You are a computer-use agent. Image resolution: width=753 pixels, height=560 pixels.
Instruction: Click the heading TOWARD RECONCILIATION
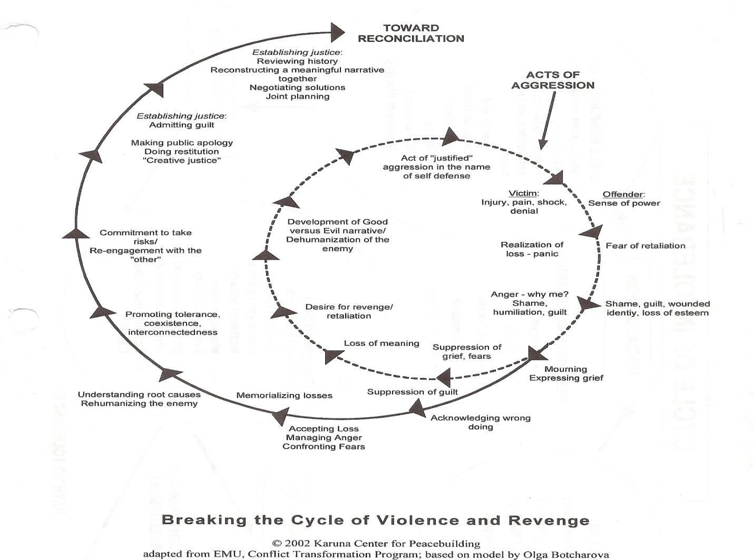pos(410,33)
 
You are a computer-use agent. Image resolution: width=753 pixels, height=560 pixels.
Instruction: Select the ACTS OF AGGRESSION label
pos(552,80)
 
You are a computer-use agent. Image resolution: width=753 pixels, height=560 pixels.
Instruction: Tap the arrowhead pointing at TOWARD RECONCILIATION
pos(337,32)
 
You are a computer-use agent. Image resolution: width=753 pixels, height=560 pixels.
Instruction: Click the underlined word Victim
pos(522,193)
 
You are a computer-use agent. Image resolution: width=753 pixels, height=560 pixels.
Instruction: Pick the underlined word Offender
pos(622,194)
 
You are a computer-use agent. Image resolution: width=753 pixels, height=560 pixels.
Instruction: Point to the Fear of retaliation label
pos(645,245)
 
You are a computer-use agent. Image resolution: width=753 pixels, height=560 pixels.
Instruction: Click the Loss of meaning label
pos(382,343)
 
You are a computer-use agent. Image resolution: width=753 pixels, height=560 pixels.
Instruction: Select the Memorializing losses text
pos(284,395)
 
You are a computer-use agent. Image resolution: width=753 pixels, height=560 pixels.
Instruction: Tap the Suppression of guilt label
pos(412,392)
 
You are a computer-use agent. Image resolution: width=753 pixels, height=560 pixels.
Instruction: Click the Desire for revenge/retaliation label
pos(349,311)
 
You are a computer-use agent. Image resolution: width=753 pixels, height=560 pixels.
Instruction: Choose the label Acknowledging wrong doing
pos(480,422)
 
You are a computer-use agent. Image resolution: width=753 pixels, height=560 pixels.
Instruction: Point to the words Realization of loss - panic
pos(532,249)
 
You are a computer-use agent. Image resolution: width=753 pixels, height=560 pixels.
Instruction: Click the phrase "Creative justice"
pos(182,160)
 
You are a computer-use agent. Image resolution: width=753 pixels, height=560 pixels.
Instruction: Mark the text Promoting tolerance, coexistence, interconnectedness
pos(172,323)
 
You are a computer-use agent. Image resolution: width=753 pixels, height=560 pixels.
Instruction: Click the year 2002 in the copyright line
pos(296,543)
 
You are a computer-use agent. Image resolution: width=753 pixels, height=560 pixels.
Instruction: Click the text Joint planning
pos(297,96)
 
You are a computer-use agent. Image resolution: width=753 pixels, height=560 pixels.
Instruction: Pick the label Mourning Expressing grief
pos(566,373)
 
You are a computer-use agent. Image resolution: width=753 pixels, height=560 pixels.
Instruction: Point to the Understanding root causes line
pos(139,394)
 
